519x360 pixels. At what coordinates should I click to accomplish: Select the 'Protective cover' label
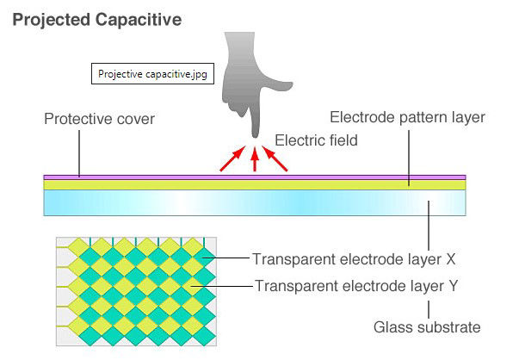pos(99,119)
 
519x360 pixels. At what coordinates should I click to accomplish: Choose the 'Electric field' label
pos(316,140)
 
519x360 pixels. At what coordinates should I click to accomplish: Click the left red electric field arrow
pos(230,159)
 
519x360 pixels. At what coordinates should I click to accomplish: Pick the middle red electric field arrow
pos(254,160)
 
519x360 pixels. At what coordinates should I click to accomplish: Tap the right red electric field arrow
pos(276,159)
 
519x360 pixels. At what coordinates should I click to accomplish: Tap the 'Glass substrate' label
pos(427,326)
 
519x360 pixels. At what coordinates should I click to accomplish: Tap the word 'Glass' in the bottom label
pos(393,326)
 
